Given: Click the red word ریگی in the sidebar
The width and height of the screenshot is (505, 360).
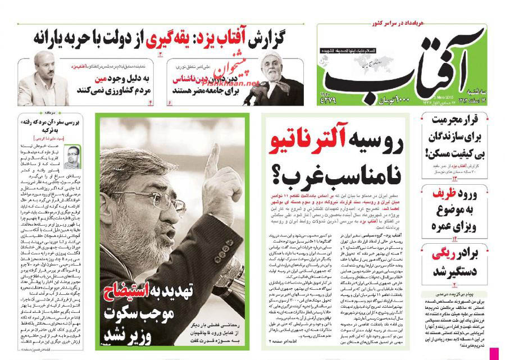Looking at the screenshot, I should (x=445, y=254).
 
